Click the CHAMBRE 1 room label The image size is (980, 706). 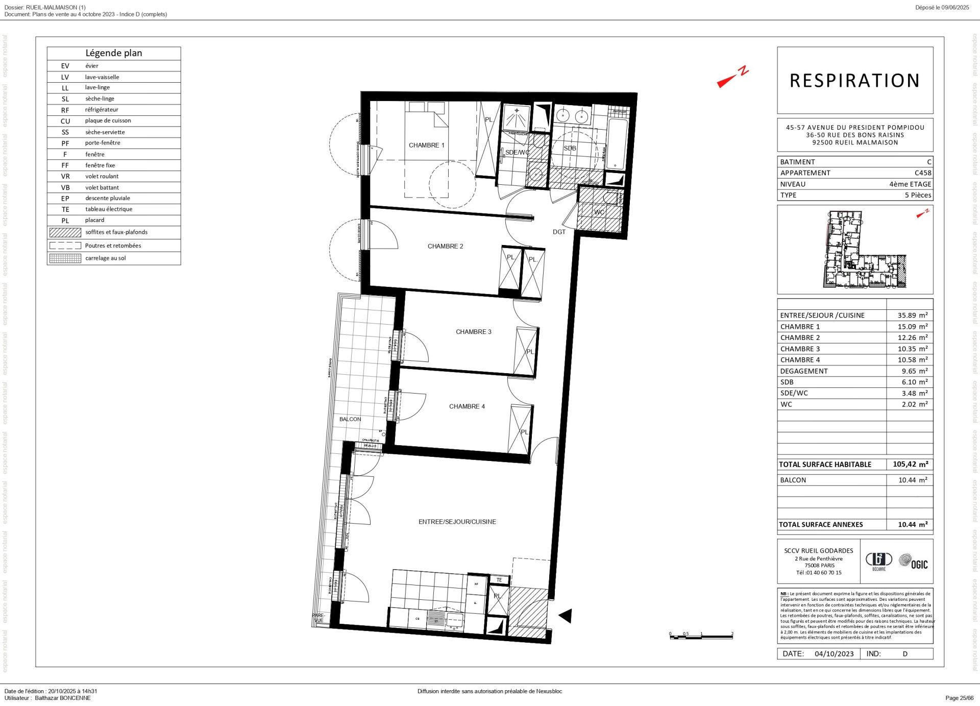426,145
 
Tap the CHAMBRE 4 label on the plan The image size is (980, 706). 467,407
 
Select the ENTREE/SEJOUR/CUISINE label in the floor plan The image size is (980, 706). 457,522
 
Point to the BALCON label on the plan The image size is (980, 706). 350,420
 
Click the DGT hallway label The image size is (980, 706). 559,232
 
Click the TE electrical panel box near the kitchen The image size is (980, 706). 499,580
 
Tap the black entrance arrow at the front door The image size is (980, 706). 566,616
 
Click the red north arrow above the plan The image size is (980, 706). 732,78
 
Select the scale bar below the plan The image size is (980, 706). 701,636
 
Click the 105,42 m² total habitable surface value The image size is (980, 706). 910,465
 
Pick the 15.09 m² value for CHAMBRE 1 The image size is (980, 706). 912,327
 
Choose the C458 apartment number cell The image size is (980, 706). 922,173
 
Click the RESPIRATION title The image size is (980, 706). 854,81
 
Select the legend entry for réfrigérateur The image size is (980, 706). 102,110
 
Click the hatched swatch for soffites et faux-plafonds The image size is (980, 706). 65,232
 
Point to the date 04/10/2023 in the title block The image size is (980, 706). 834,654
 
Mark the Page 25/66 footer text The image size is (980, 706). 959,698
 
